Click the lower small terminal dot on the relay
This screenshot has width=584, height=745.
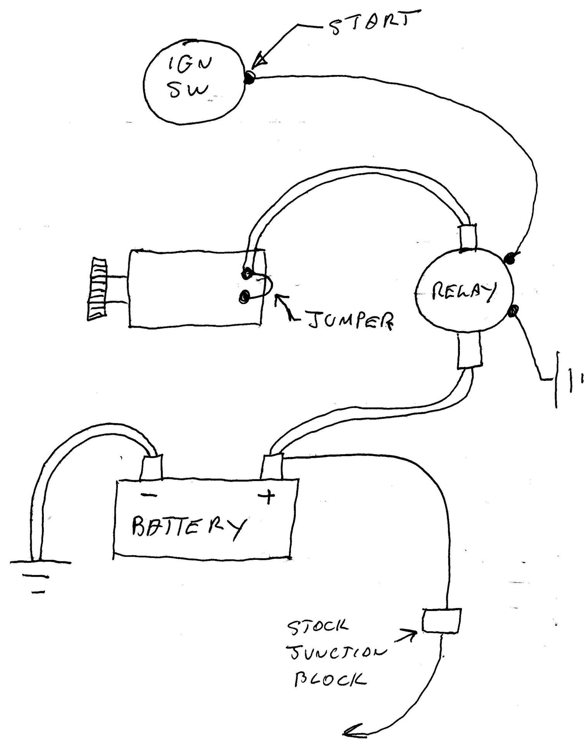click(514, 311)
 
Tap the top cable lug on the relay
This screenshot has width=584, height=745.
click(468, 237)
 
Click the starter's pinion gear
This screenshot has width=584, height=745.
click(97, 289)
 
